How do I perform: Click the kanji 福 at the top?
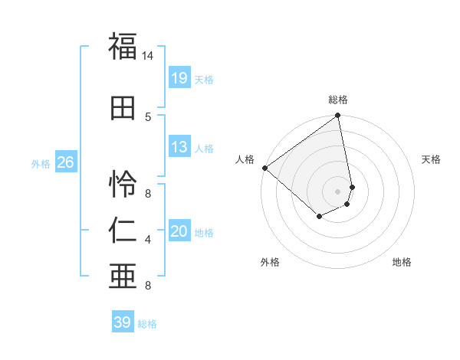123,47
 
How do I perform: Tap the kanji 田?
123,107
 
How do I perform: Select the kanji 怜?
123,185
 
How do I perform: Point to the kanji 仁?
123,229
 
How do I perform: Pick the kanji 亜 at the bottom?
123,276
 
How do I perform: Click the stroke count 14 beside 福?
148,56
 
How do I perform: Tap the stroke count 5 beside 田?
148,116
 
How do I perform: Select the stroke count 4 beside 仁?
148,240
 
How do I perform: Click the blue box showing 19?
179,78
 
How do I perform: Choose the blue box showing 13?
179,148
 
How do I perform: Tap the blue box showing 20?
179,232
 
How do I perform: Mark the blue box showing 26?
65,162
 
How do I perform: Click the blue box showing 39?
123,322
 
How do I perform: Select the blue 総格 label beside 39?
148,324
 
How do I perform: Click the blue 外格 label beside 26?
41,164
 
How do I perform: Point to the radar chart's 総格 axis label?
338,100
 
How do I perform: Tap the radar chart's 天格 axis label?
432,159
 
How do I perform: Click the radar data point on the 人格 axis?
264,168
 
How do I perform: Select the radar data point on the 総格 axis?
338,116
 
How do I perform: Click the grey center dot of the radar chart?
338,191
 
